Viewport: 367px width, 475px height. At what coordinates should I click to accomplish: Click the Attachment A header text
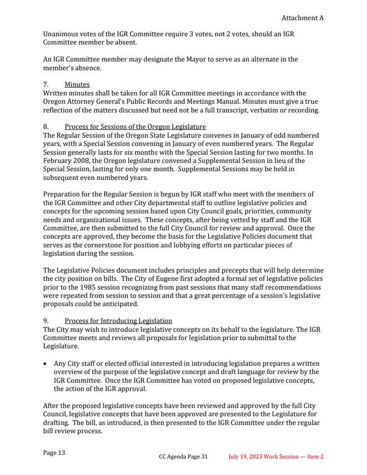(x=302, y=18)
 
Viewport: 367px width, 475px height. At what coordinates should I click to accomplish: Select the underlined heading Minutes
(x=77, y=84)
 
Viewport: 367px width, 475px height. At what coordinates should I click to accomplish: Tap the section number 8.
(x=45, y=127)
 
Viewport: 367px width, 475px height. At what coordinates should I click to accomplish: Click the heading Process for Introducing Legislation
(x=118, y=321)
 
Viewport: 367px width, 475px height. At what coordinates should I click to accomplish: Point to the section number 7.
(x=45, y=84)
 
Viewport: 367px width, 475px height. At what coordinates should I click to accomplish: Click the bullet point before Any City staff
(x=45, y=363)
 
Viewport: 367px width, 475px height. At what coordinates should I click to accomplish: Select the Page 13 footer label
(x=54, y=453)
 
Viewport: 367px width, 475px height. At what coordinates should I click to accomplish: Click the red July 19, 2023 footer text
(x=276, y=457)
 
